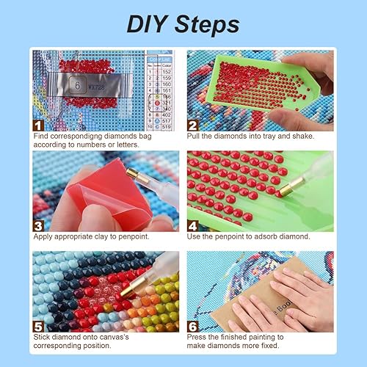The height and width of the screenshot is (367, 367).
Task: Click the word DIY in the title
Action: [149, 23]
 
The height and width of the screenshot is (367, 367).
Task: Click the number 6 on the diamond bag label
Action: [76, 85]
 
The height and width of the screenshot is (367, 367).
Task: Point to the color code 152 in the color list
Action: [167, 70]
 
